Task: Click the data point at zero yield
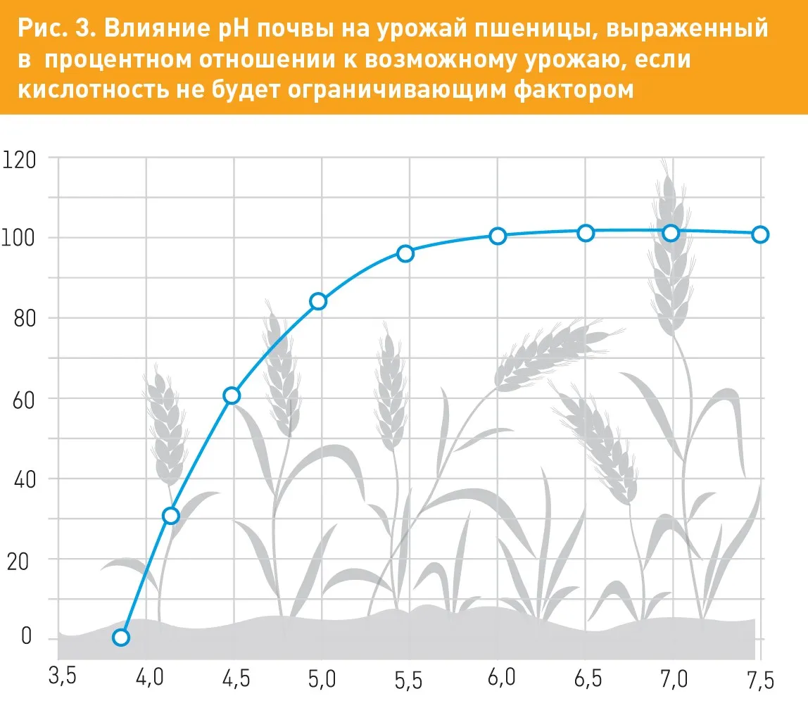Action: (120, 637)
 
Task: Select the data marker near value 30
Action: (170, 516)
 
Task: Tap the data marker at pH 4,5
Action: (232, 396)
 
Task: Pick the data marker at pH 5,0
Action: (318, 301)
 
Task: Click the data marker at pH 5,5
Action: (405, 253)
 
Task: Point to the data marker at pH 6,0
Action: (498, 236)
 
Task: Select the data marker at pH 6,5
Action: (586, 233)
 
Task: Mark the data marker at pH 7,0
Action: (671, 233)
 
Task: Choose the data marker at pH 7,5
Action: (760, 235)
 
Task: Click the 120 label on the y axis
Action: (19, 160)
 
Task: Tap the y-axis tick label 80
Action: (25, 319)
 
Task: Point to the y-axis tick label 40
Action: (25, 479)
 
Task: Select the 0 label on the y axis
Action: (26, 636)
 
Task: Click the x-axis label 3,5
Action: (63, 676)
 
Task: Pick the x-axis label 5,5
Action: (409, 680)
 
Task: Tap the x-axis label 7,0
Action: (674, 678)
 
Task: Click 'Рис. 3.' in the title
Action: (57, 28)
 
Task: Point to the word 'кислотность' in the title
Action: (94, 89)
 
